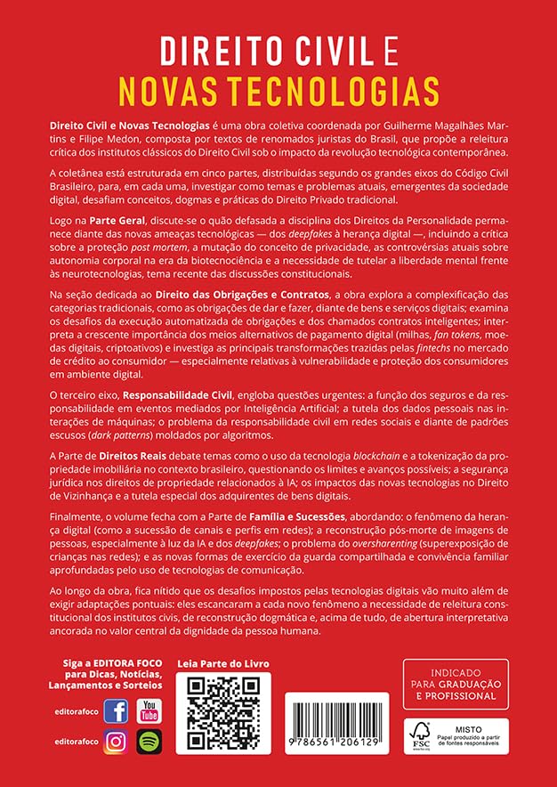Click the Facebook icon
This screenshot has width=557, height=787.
pos(116,710)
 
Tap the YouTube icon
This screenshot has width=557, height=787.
pos(149,710)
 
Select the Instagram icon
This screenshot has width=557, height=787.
pos(116,742)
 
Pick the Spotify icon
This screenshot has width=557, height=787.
pos(149,742)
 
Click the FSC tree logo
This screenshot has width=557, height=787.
pos(418,734)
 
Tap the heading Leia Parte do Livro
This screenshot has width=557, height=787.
pos(223,663)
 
